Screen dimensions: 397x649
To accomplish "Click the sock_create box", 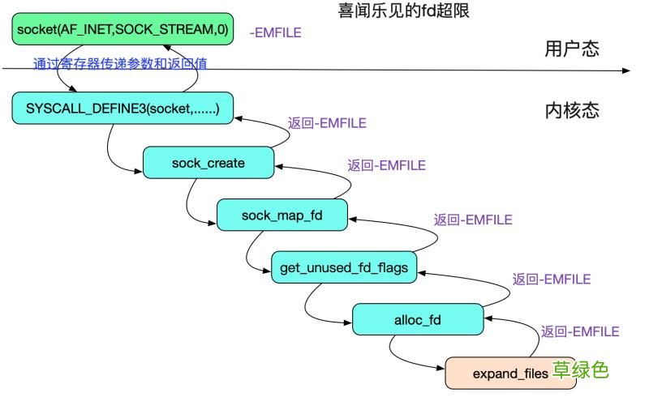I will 208,163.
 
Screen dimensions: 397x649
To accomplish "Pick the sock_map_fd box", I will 282,215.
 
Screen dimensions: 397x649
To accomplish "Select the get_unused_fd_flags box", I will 344,267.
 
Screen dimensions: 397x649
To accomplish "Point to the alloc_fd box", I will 417,318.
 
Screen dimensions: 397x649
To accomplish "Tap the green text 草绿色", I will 581,370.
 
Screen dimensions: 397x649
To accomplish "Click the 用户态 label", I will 572,49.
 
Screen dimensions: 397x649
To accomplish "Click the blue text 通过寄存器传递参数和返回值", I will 120,63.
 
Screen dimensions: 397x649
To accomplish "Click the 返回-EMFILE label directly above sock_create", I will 327,123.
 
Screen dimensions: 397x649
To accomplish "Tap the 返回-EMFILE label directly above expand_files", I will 580,331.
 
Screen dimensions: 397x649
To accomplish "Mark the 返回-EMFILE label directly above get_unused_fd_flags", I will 473,219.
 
